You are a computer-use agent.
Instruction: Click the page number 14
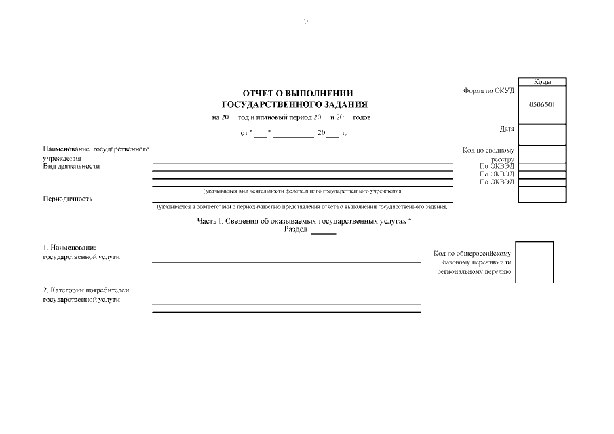[x=307, y=22]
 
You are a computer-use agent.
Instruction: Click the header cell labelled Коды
[x=542, y=81]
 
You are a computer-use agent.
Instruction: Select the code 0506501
[x=542, y=104]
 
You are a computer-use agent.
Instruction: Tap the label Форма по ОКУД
[x=488, y=91]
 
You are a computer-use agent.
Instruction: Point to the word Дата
[x=506, y=128]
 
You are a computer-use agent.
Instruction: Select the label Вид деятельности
[x=71, y=166]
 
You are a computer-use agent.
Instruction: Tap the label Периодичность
[x=68, y=199]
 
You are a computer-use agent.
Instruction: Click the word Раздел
[x=296, y=230]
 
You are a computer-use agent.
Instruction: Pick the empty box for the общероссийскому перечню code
[x=534, y=262]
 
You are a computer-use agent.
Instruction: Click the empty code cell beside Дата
[x=542, y=135]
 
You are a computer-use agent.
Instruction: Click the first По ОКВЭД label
[x=497, y=166]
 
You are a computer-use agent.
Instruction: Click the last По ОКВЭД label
[x=497, y=182]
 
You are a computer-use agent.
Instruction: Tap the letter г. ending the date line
[x=344, y=132]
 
